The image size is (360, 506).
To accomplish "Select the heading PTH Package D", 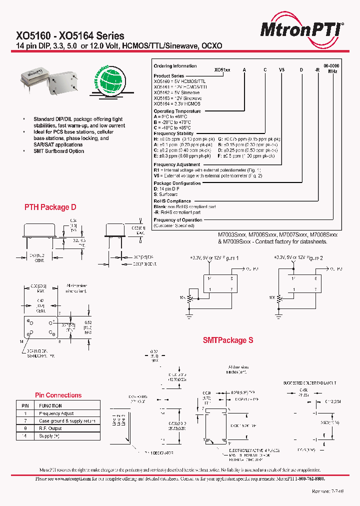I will [x=50, y=207].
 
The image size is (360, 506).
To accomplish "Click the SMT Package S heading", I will [x=228, y=340].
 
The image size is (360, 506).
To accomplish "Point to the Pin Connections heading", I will [x=58, y=395].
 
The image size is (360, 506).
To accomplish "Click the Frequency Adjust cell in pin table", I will [x=56, y=413].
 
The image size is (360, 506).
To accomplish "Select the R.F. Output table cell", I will [x=50, y=428].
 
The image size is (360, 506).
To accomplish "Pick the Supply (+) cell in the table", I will [x=49, y=436].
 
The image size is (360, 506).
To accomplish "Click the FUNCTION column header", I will [x=50, y=406].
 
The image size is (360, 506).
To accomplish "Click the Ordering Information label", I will [x=175, y=66].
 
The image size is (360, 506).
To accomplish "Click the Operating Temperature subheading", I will [x=177, y=111].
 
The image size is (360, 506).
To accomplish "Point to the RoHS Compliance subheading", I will [x=172, y=201].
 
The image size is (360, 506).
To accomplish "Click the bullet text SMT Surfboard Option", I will [x=58, y=151].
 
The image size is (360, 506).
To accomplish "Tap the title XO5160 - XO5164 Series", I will [x=70, y=36].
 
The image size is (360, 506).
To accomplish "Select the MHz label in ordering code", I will [x=332, y=71].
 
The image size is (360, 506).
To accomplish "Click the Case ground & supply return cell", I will [x=67, y=421].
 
